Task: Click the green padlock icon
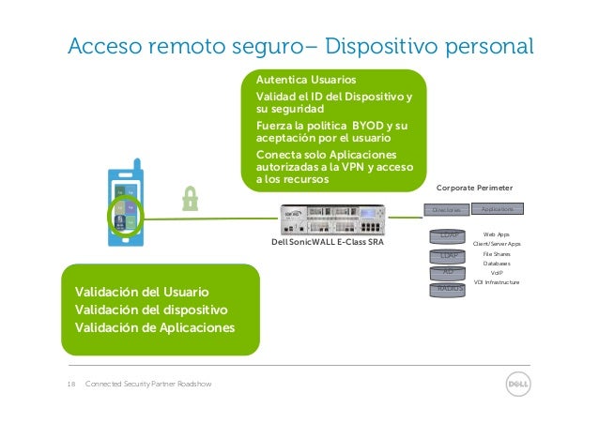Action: [192, 199]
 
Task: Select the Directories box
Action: [441, 209]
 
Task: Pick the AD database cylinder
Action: [448, 272]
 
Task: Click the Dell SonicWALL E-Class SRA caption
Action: [327, 244]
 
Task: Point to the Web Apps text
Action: [497, 234]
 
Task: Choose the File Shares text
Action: [497, 253]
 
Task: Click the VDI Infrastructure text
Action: [497, 282]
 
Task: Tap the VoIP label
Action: [497, 273]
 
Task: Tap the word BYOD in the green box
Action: [364, 125]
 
